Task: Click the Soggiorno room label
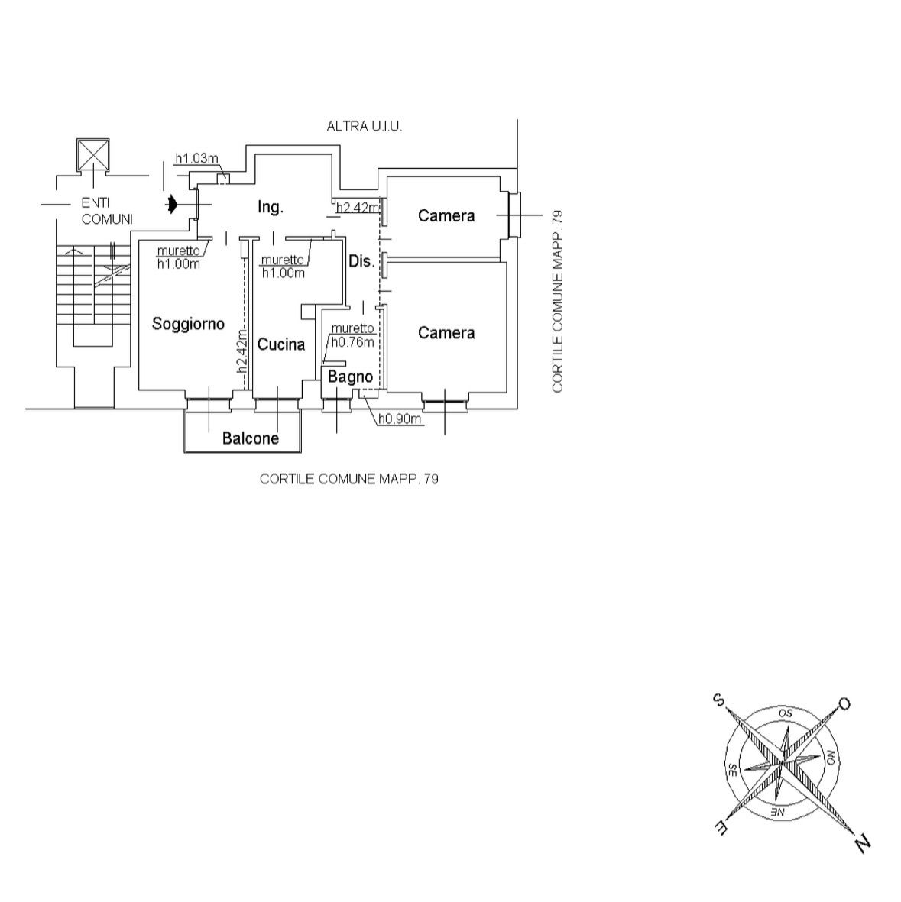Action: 188,325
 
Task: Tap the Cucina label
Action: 281,344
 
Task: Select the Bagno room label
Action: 351,377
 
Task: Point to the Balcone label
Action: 251,438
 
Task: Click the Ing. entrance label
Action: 271,207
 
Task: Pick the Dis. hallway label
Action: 361,261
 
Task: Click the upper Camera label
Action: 446,215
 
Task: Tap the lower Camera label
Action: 446,332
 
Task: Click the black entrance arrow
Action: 171,205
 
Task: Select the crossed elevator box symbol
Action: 93,154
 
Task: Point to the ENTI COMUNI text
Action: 107,211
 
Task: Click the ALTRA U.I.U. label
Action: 365,127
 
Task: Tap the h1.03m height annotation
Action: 197,158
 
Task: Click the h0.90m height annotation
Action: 400,419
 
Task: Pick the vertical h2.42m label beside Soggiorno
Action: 242,351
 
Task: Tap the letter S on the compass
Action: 718,700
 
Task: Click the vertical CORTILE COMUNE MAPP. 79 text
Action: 556,302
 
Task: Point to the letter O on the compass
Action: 844,703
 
